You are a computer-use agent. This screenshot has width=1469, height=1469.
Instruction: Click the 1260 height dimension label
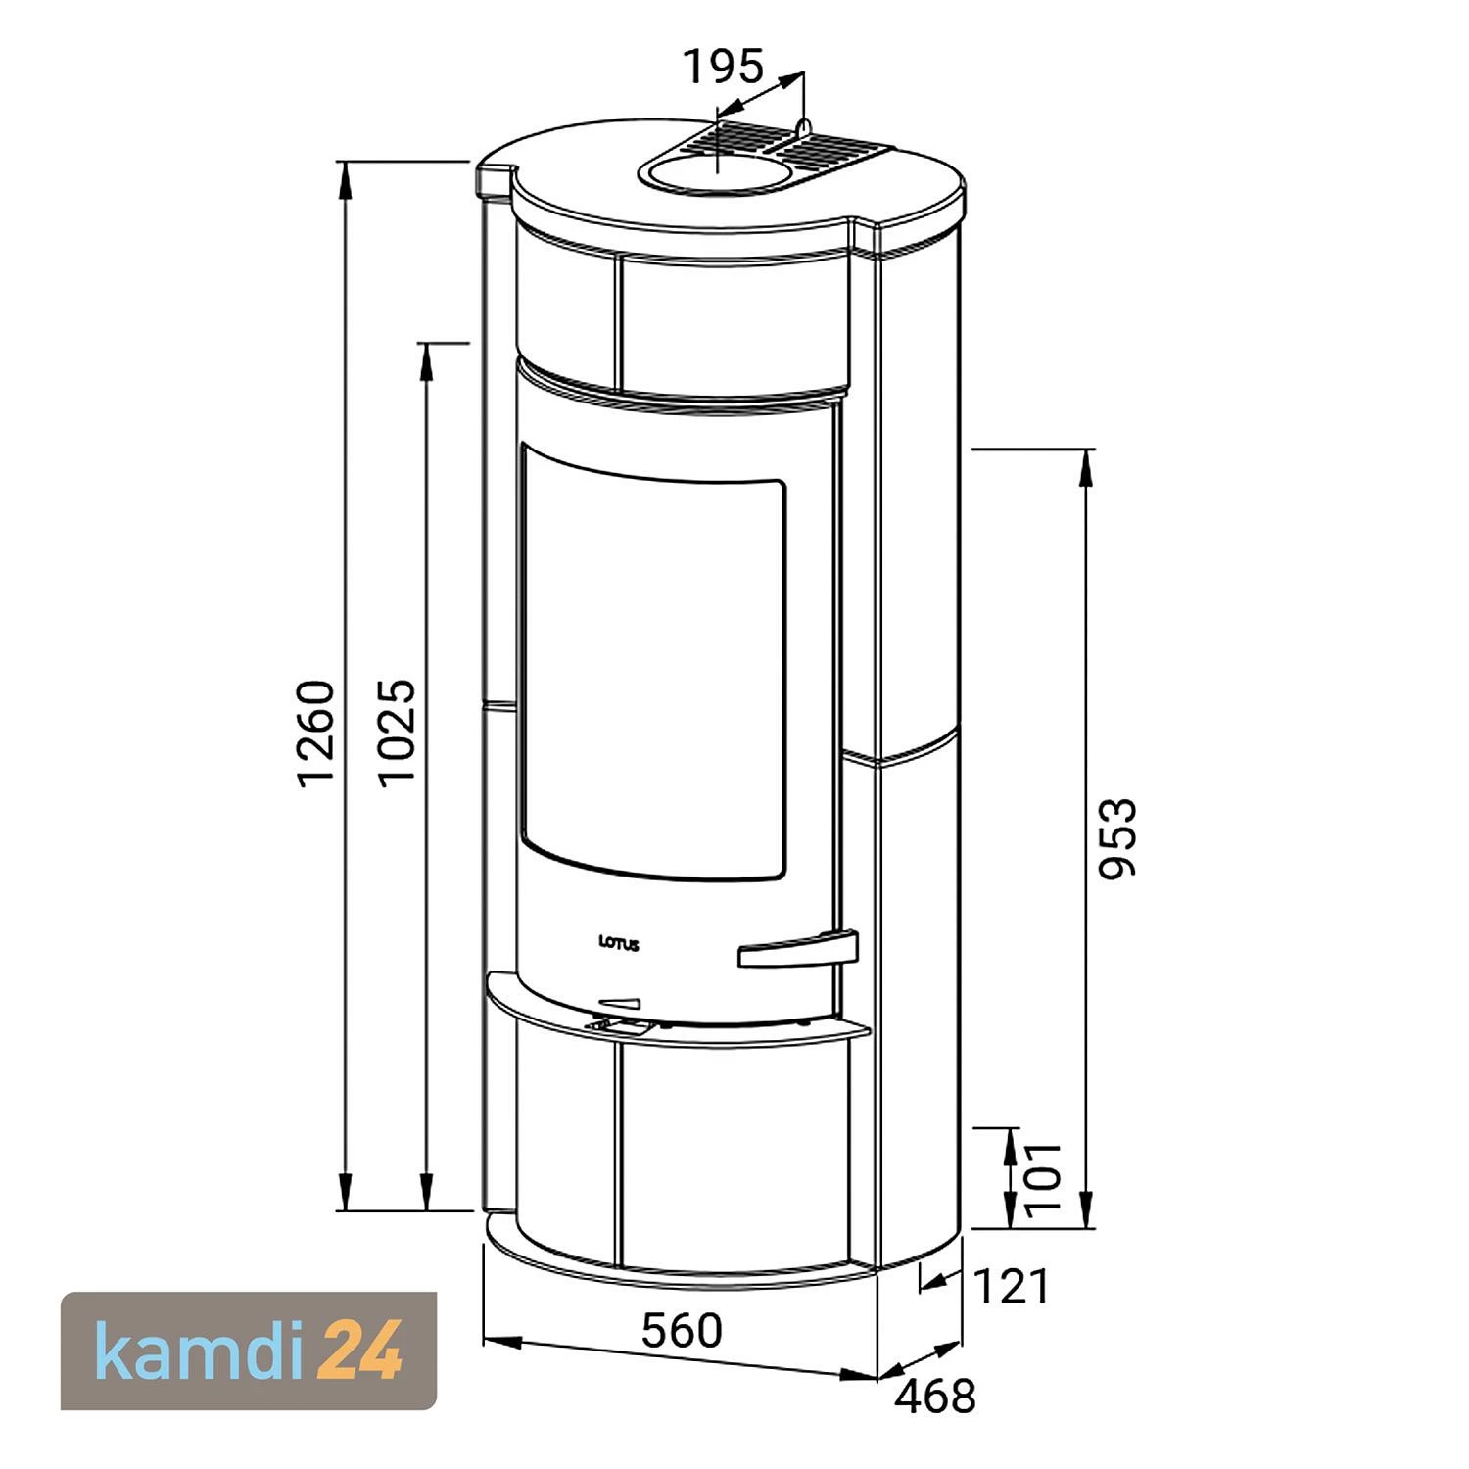click(x=317, y=733)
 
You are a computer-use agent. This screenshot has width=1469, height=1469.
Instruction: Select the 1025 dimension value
click(x=399, y=733)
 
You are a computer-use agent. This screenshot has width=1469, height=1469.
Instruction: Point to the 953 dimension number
click(x=1117, y=838)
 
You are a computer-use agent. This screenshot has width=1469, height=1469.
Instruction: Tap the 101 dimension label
click(x=1044, y=1176)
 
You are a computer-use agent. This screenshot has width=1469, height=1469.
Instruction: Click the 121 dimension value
click(x=1012, y=1286)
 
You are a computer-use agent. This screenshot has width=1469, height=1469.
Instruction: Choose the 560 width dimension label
click(x=682, y=1330)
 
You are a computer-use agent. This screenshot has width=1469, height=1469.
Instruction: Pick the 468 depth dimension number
click(x=935, y=1396)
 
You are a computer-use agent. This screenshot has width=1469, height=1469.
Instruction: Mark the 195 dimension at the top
click(x=723, y=67)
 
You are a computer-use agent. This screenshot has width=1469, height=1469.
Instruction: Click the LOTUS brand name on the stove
click(x=619, y=944)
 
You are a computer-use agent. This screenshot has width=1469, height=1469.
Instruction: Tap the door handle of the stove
click(x=798, y=949)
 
